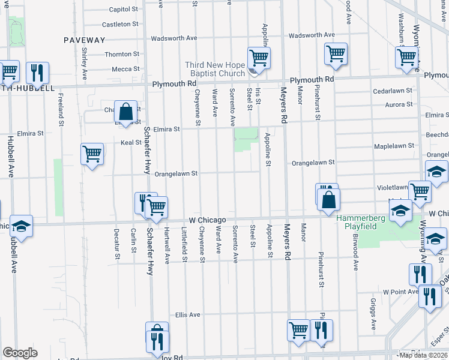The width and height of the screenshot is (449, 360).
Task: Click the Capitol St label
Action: (124, 10)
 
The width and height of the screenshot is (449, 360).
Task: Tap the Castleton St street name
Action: (120, 25)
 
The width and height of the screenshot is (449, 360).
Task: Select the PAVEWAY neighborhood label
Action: (85, 40)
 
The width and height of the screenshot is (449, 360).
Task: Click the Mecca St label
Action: (125, 70)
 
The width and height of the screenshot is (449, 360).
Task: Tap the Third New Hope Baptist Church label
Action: (215, 69)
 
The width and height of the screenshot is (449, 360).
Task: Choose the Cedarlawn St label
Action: (393, 91)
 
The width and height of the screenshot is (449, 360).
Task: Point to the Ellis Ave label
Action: (187, 314)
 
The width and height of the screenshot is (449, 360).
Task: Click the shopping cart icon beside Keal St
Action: (92, 154)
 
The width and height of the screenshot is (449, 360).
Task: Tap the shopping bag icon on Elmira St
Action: (125, 112)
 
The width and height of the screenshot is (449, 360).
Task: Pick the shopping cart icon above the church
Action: (259, 58)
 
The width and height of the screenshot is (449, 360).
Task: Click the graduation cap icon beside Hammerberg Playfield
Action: (400, 211)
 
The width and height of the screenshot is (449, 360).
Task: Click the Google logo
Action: (20, 352)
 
